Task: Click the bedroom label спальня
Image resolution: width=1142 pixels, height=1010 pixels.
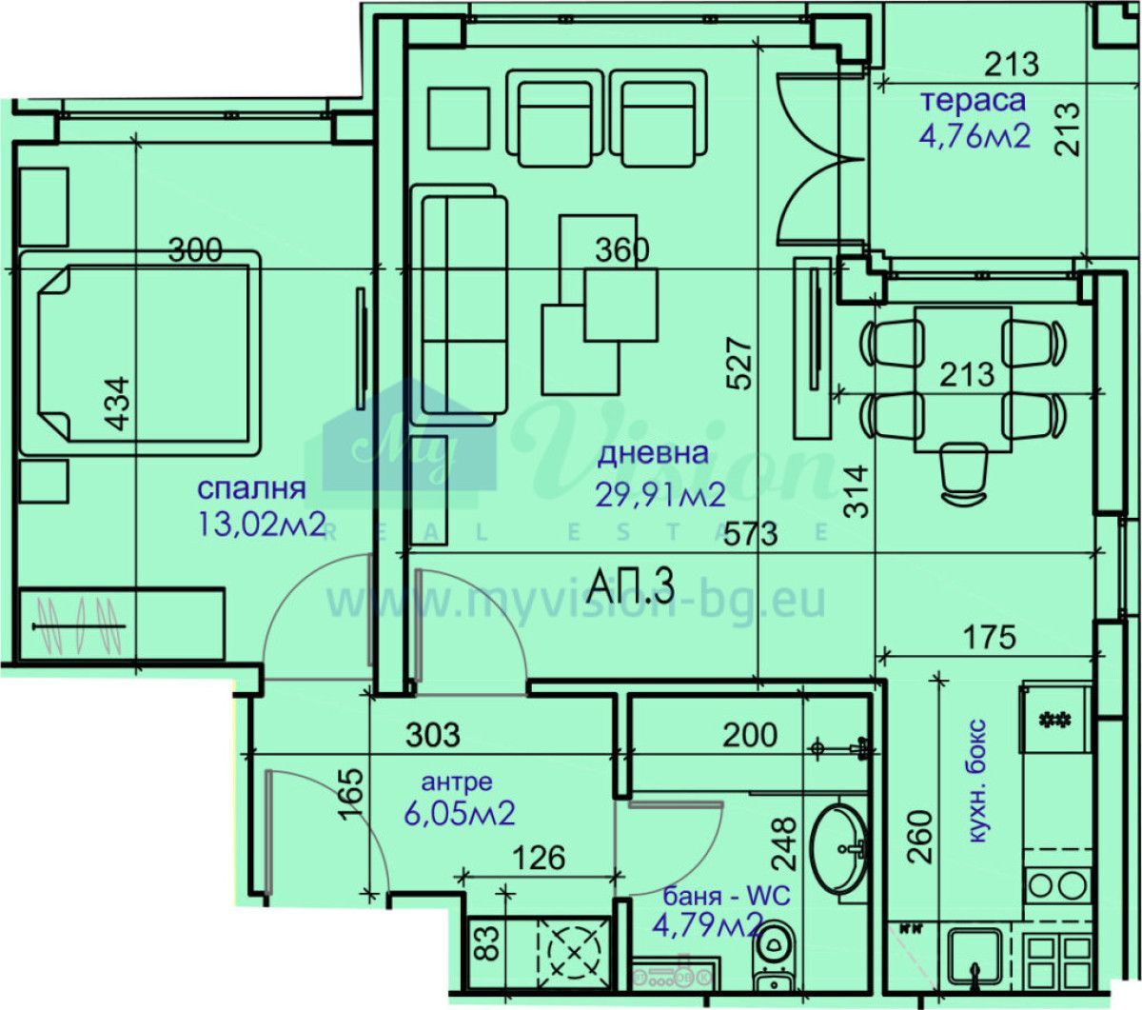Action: [251, 488]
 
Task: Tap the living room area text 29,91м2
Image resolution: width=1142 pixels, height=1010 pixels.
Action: [660, 495]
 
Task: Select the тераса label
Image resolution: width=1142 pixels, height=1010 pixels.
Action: [973, 100]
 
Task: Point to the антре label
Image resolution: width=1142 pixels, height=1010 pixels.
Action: [457, 782]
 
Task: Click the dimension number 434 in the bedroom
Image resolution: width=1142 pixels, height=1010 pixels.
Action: [119, 404]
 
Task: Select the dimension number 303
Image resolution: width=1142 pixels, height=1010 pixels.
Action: [433, 735]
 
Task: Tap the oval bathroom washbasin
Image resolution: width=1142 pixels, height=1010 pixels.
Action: [838, 849]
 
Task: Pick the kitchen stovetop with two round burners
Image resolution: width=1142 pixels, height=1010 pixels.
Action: [1056, 887]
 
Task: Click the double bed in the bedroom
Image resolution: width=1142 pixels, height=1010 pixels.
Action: [140, 353]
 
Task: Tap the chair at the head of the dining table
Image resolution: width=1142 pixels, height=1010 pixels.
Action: [966, 474]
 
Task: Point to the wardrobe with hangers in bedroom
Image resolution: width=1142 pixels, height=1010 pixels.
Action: [121, 624]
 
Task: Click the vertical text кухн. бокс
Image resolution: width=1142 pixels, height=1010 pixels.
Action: [976, 781]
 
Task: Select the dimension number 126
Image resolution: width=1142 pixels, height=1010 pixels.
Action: [540, 859]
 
